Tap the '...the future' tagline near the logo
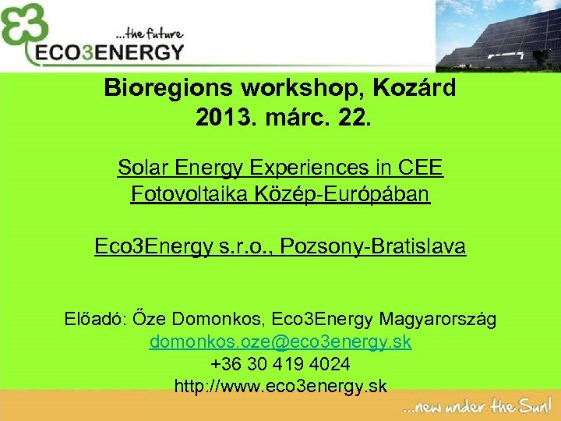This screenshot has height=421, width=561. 149,34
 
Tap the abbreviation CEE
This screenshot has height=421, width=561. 421,167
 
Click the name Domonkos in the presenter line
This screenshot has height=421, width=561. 213,319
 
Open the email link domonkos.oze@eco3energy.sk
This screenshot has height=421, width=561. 280,341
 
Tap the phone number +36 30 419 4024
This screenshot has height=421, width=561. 280,364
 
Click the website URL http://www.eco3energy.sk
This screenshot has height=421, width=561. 280,386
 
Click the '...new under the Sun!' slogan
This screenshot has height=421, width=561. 478,406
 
